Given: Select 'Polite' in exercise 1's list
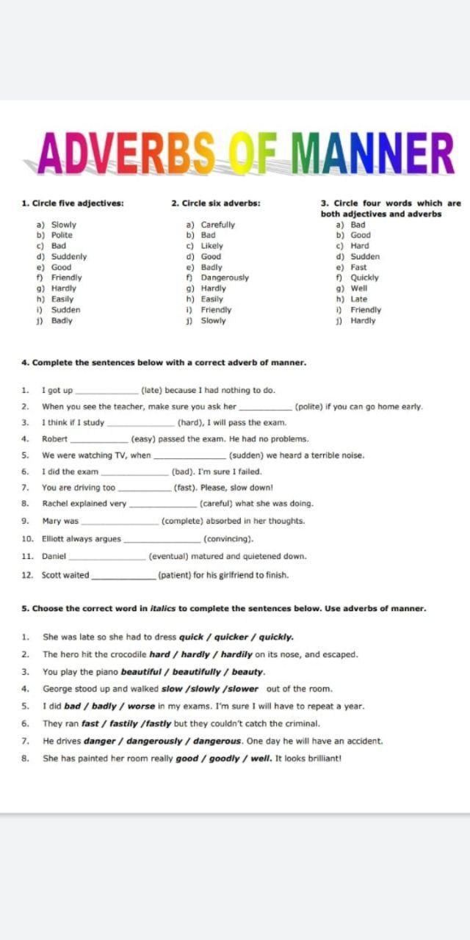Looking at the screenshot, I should click(x=62, y=235).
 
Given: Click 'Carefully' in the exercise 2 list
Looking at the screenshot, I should click(x=217, y=225).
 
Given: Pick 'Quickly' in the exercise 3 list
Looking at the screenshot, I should click(x=364, y=278).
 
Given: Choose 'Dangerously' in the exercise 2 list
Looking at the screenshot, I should click(x=225, y=278).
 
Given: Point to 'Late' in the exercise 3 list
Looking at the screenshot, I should click(x=358, y=299).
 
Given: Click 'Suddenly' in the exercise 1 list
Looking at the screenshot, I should click(x=68, y=256).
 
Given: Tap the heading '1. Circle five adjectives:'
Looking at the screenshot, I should click(x=73, y=203).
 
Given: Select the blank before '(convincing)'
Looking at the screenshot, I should click(x=162, y=539).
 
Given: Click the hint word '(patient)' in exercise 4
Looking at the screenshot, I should click(x=173, y=575).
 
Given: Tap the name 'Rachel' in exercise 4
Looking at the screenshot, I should click(x=56, y=504).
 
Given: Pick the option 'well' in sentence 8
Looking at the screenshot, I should click(x=261, y=758).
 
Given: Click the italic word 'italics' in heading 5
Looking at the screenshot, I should click(x=163, y=608).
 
